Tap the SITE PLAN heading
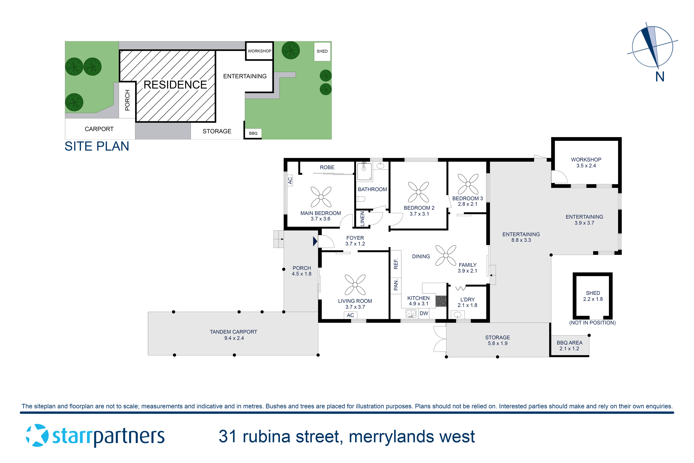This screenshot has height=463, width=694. pyautogui.click(x=97, y=146)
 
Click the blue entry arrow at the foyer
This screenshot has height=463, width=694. pyautogui.click(x=315, y=242)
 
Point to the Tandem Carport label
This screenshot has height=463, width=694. pyautogui.click(x=233, y=335)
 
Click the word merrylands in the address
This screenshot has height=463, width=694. pyautogui.click(x=391, y=437)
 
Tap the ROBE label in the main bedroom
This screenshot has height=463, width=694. pyautogui.click(x=327, y=167)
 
